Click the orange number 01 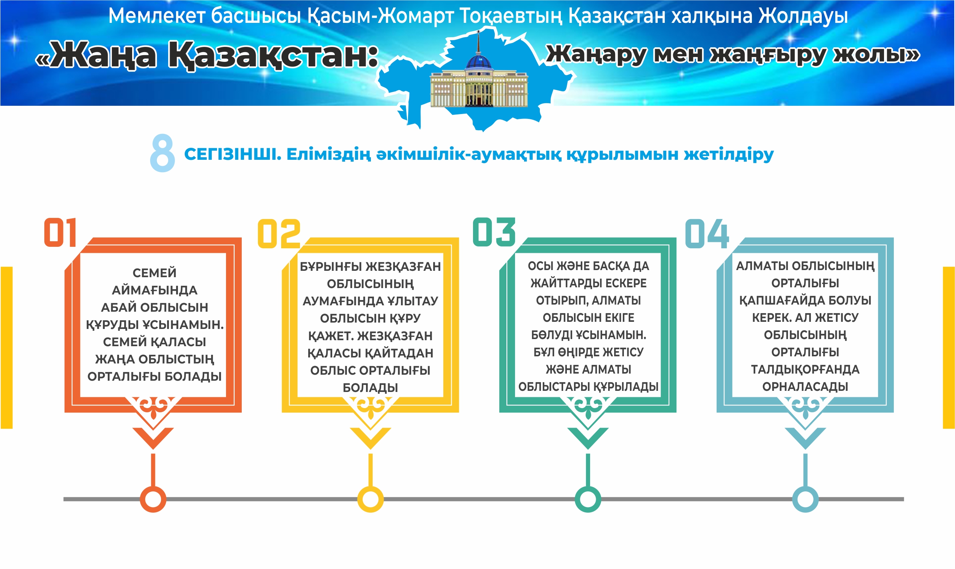[60, 232]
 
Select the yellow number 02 [279, 234]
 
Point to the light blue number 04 [707, 234]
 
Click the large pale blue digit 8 [162, 153]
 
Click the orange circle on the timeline [153, 499]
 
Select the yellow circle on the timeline [370, 499]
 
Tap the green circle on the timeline [588, 499]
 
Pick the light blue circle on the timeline [805, 499]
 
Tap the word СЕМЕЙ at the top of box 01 [154, 273]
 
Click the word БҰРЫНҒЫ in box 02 [331, 266]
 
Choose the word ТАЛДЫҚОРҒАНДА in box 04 [805, 369]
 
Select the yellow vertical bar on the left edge [6, 347]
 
